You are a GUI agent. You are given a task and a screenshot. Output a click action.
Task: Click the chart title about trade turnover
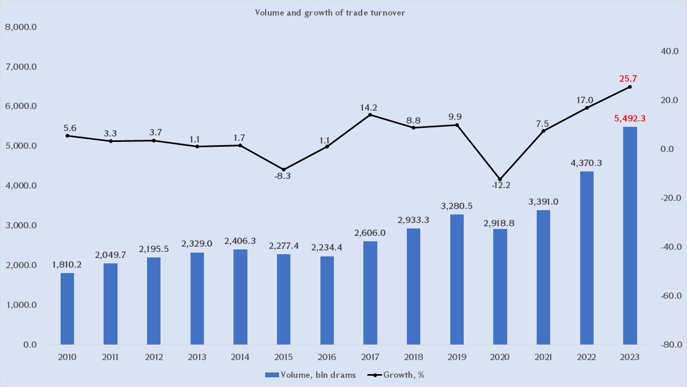click(x=330, y=13)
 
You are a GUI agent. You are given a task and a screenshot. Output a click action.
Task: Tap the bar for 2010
click(x=67, y=309)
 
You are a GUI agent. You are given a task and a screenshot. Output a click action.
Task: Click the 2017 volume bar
click(x=370, y=293)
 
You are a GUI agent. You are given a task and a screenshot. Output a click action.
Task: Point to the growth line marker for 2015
click(x=283, y=170)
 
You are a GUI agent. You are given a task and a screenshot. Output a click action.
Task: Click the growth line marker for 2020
click(x=500, y=179)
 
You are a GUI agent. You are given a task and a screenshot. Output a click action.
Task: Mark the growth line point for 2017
click(x=370, y=115)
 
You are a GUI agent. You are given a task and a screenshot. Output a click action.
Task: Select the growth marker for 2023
click(x=630, y=87)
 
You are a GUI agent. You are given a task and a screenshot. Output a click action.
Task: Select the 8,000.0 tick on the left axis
click(x=20, y=27)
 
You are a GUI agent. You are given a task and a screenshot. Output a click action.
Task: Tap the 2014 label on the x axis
click(x=240, y=356)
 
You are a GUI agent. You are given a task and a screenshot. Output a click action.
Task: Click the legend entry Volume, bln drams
click(x=311, y=375)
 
